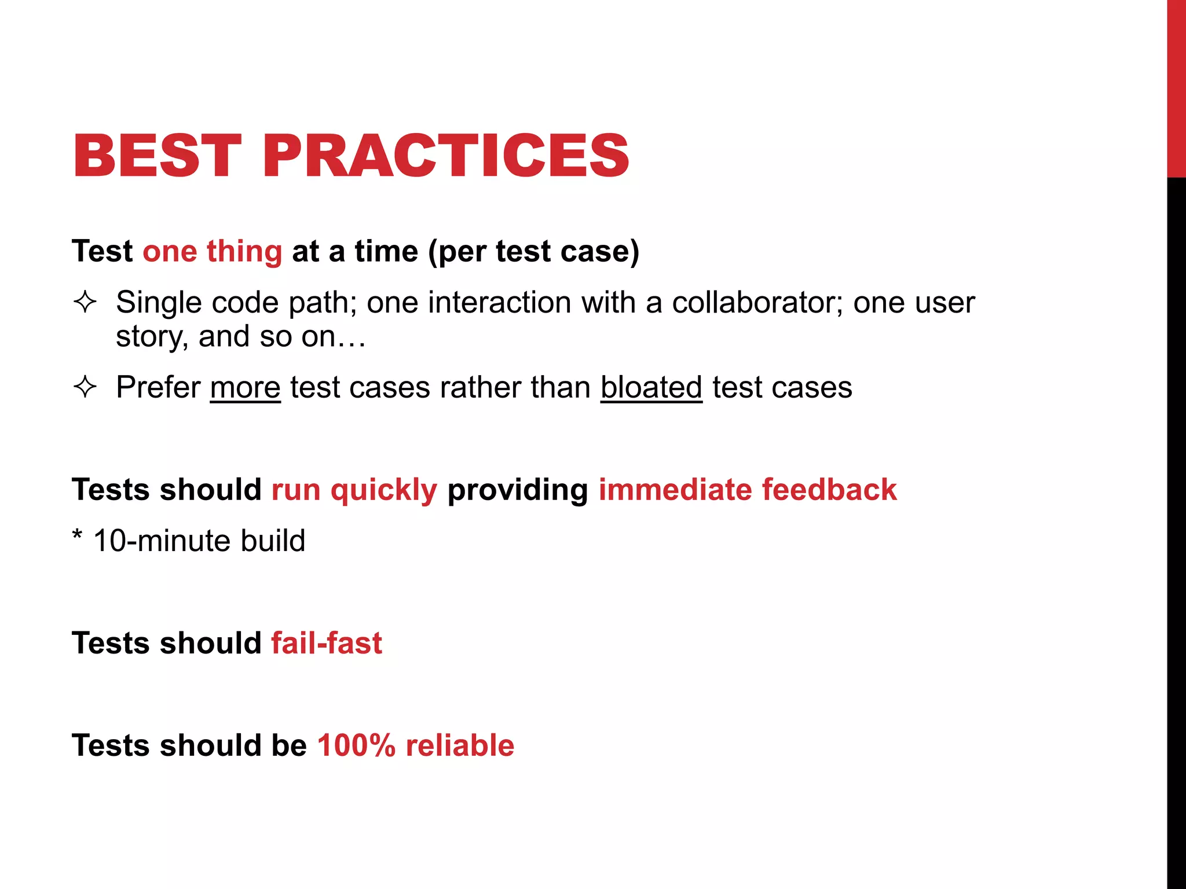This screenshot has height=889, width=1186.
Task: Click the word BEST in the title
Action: point(156,155)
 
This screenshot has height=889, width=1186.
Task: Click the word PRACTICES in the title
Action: point(446,155)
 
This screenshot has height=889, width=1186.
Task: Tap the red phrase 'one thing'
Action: point(212,251)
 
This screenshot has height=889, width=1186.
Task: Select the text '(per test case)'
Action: point(533,251)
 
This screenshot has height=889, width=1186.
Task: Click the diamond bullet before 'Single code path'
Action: point(85,302)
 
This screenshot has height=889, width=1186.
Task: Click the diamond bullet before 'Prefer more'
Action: point(85,387)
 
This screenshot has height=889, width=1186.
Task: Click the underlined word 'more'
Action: point(245,387)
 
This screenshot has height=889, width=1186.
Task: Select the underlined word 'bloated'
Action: point(651,387)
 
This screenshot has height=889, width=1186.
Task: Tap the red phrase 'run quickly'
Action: point(354,490)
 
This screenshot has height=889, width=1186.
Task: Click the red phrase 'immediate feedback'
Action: point(747,490)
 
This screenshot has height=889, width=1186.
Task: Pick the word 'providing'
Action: point(517,491)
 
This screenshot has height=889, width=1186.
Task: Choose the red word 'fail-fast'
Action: point(327,643)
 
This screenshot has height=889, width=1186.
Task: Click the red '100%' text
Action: point(356,745)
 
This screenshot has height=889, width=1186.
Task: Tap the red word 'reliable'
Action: point(460,745)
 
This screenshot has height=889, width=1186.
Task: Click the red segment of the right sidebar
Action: point(1176,87)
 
